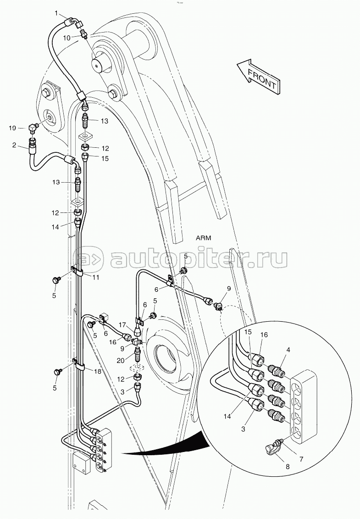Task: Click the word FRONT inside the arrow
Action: click(262, 78)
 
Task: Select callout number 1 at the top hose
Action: click(57, 13)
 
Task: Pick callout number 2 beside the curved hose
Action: click(14, 145)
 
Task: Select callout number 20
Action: click(121, 361)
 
